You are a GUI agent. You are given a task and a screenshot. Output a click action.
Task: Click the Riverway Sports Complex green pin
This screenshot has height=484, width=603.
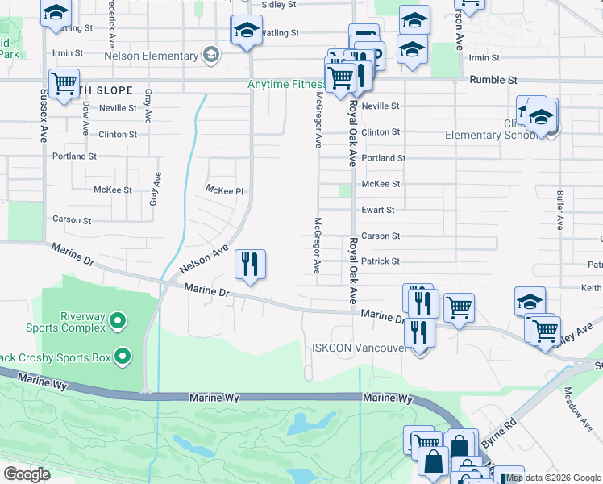point(118,322)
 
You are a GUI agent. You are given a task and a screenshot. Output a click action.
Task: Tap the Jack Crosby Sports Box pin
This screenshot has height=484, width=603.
point(123,356)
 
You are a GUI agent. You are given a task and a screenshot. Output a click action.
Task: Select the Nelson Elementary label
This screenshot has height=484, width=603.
point(151,56)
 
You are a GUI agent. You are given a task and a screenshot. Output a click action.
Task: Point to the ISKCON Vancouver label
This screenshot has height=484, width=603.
point(359,348)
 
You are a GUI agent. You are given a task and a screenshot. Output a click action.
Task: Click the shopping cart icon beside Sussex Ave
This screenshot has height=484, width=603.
point(63,83)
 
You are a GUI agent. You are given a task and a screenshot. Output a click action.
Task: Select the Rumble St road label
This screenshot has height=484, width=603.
point(493,81)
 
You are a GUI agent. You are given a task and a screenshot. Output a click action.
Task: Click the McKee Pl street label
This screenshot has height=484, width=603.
point(224,190)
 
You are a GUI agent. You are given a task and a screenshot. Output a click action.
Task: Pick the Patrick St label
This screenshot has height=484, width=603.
point(381,261)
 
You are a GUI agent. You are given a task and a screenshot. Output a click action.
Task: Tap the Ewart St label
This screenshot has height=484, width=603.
point(378,210)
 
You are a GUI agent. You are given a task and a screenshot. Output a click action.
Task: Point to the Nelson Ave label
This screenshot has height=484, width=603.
point(204,258)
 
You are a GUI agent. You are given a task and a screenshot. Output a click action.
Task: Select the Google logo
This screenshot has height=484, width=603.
point(27,474)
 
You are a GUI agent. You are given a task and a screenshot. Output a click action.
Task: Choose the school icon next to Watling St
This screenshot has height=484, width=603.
point(246,31)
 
